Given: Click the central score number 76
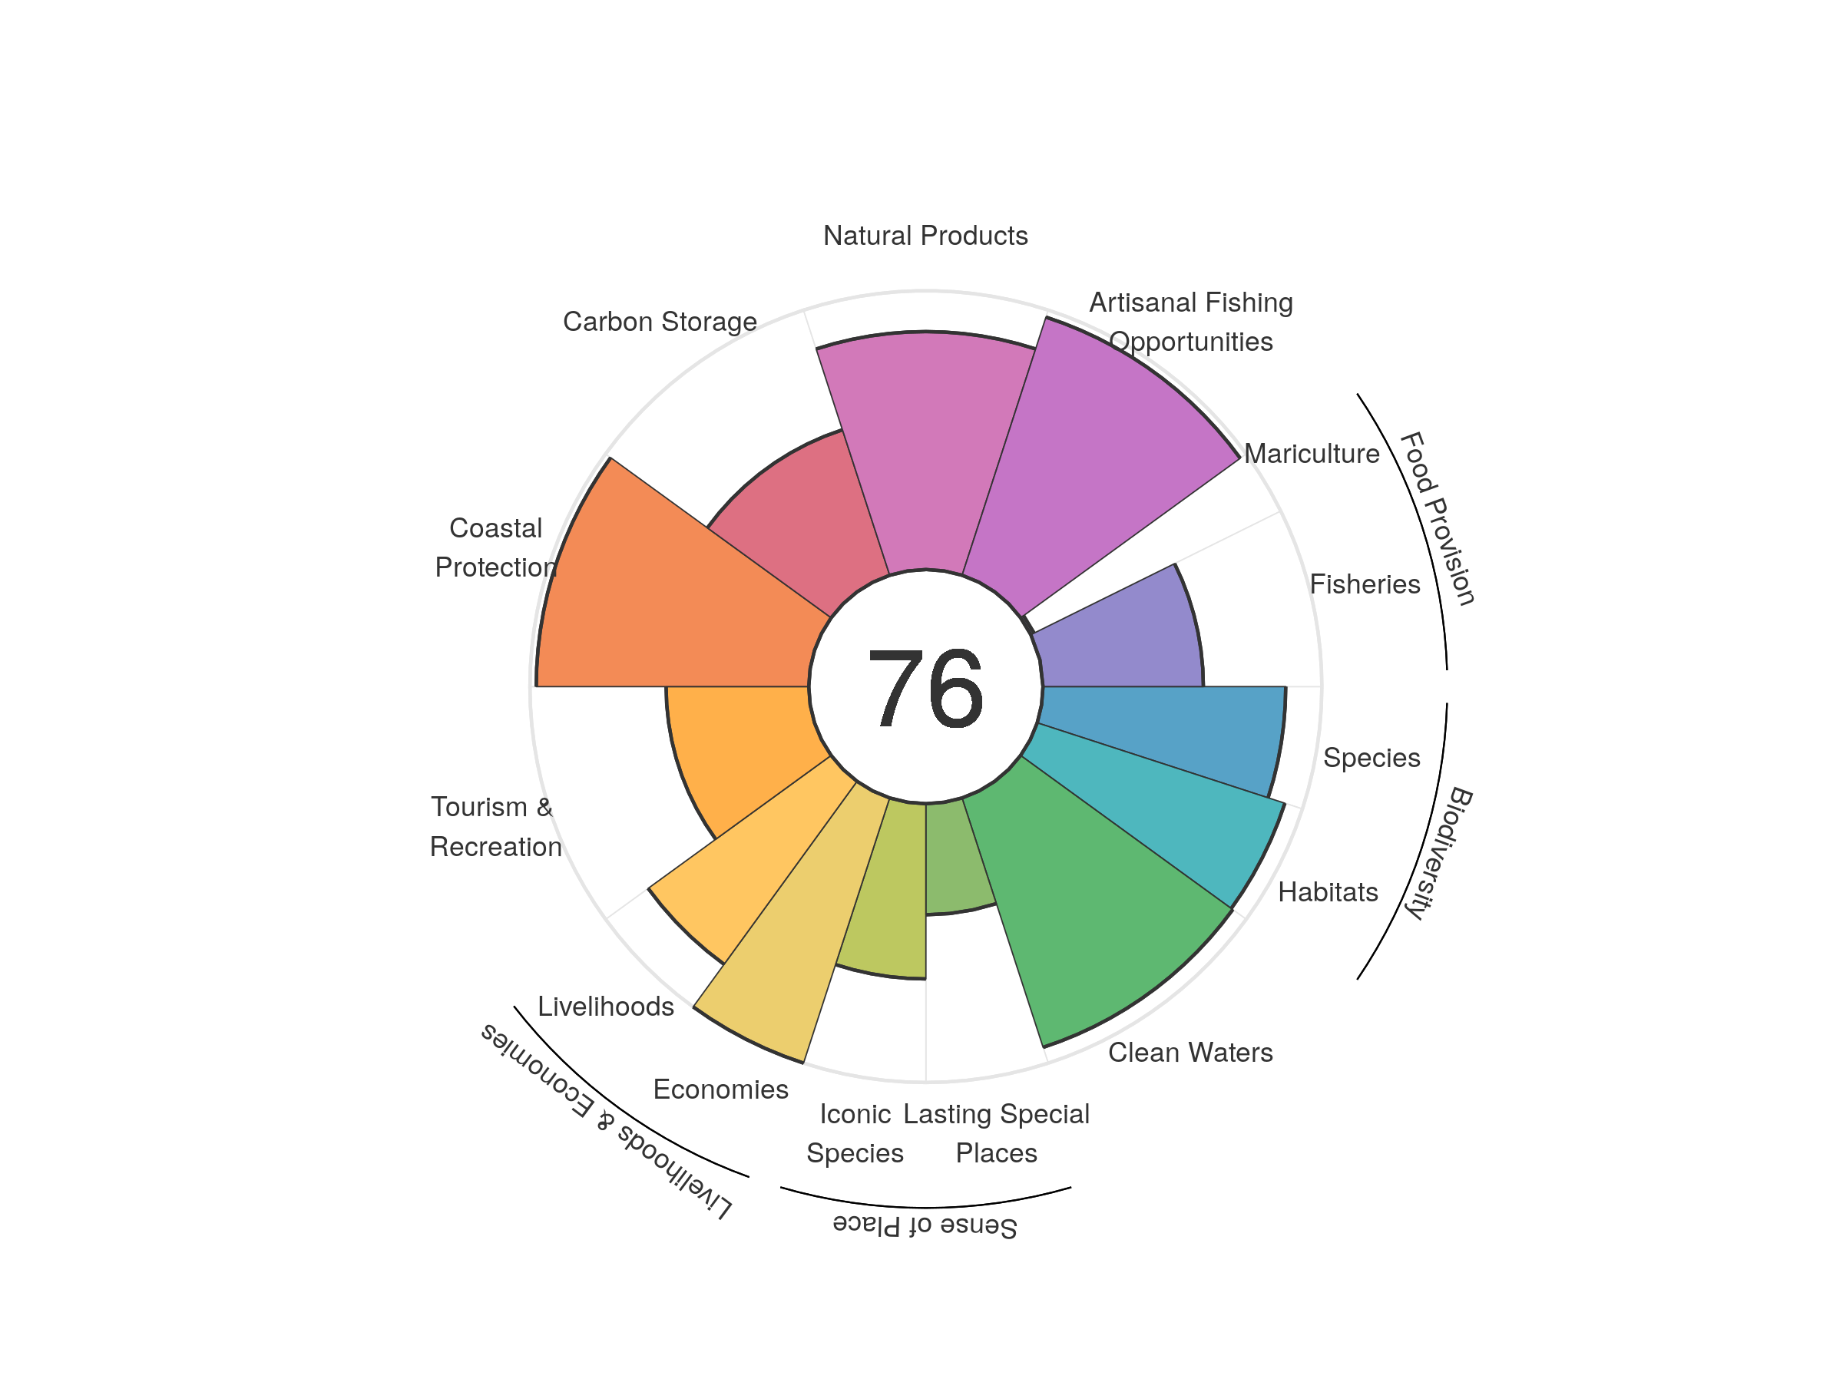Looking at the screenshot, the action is (925, 688).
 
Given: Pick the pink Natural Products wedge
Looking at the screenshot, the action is (925, 450).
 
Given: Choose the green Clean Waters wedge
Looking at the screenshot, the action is (1083, 900).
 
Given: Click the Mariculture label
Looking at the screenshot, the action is (1312, 454).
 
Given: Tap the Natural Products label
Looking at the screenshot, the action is (925, 236).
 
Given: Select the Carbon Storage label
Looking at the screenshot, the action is (660, 322).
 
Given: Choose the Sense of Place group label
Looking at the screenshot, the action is (925, 1226).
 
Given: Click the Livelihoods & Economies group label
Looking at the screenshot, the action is (607, 1120).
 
